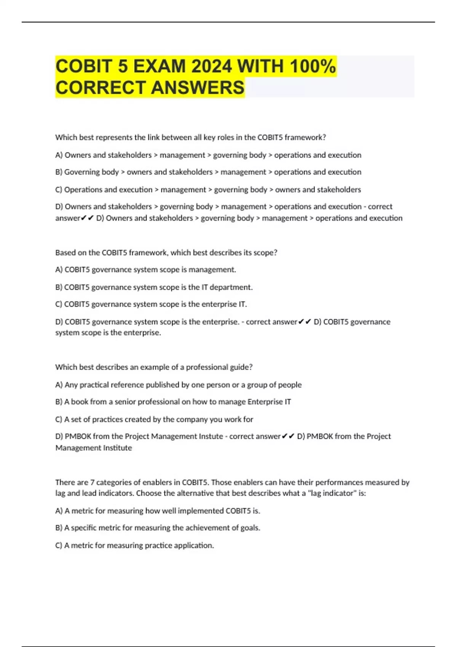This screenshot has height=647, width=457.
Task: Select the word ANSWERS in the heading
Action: (x=198, y=88)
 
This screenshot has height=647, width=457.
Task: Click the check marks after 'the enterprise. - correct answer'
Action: (x=305, y=322)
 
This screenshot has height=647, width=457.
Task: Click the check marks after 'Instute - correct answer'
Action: (x=288, y=437)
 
